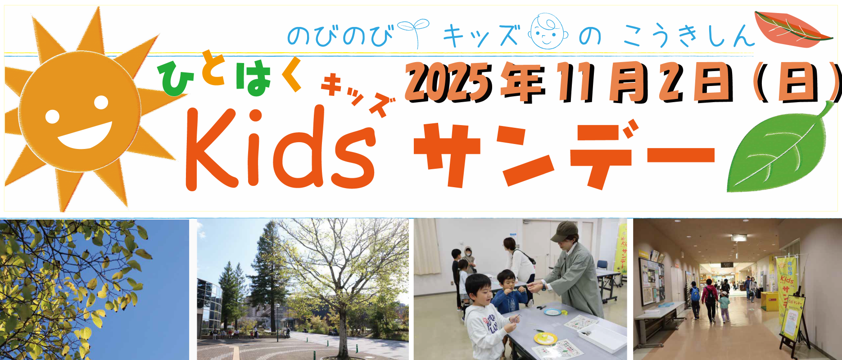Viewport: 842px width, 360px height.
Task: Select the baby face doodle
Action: [548, 31]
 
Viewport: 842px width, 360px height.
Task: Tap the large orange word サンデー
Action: [563, 153]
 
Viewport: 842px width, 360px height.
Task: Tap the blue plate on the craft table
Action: [552, 311]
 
